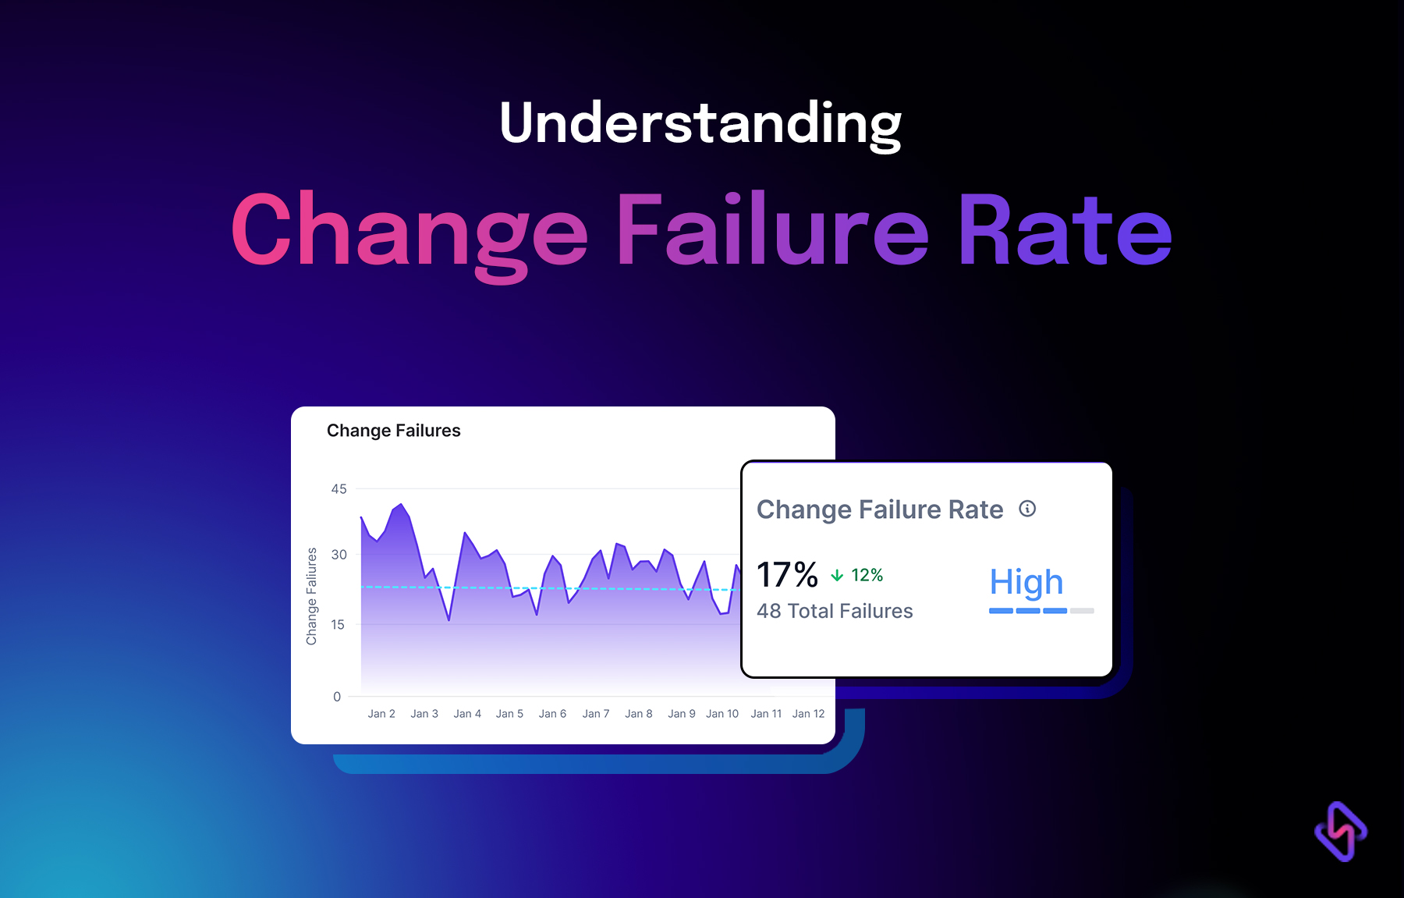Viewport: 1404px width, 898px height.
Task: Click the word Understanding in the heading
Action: click(700, 123)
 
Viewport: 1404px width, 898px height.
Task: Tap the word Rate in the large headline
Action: click(1064, 231)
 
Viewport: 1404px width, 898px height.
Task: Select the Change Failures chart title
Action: click(393, 431)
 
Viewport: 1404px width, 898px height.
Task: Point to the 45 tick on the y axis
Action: click(339, 489)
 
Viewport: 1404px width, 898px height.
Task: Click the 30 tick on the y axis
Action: click(339, 555)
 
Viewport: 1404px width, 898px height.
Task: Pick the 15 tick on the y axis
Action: click(338, 624)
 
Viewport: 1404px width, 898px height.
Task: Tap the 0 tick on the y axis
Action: click(337, 697)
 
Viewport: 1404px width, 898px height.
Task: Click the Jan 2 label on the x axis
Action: click(381, 714)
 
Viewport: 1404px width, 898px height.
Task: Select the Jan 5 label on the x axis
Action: click(509, 714)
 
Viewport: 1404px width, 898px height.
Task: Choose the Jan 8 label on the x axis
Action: click(638, 714)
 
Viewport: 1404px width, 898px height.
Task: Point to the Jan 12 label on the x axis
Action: click(808, 714)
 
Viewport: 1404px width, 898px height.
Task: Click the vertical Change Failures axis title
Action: click(311, 596)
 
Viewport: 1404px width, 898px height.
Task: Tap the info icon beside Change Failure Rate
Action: click(1027, 509)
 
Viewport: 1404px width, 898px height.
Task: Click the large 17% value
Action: click(787, 575)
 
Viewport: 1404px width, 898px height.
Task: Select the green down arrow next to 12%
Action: click(837, 576)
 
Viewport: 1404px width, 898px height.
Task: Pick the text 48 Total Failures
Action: click(835, 611)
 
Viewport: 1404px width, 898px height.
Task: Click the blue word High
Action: click(1026, 583)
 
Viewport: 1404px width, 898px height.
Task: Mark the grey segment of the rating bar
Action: click(1082, 611)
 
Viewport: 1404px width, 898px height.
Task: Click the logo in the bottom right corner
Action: click(1340, 832)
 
